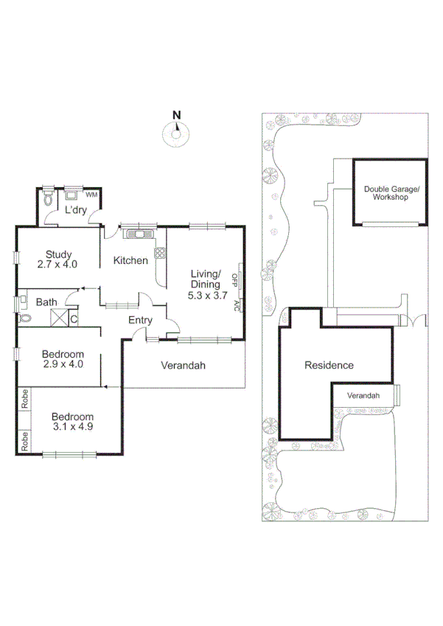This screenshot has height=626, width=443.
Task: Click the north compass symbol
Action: (x=175, y=133)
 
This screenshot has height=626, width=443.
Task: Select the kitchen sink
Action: (x=138, y=234)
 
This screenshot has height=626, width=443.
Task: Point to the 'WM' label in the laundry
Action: (x=91, y=195)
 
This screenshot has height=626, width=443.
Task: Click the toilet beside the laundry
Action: (x=48, y=199)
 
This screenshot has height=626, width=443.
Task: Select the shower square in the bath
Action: (x=58, y=319)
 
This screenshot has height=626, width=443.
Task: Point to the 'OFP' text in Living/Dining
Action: (x=235, y=279)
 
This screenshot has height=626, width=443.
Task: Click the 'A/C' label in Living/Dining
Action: (x=236, y=305)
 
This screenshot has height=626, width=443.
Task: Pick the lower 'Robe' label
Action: (x=24, y=441)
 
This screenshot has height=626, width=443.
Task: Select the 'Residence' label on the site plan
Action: (x=329, y=365)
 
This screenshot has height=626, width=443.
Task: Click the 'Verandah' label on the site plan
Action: (x=363, y=396)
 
